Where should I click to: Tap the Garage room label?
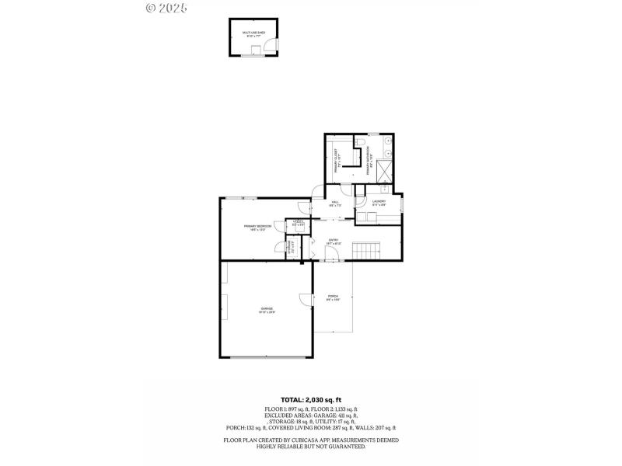point(267,310)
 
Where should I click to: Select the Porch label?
point(333,297)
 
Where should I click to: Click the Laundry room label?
point(379,203)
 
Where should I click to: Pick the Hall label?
point(336,204)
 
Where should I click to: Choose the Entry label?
point(333,242)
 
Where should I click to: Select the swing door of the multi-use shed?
point(270,47)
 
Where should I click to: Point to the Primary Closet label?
point(338,160)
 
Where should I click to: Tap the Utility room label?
point(298,224)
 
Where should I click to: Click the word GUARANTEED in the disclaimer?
point(348,447)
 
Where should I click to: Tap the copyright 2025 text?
point(166,8)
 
